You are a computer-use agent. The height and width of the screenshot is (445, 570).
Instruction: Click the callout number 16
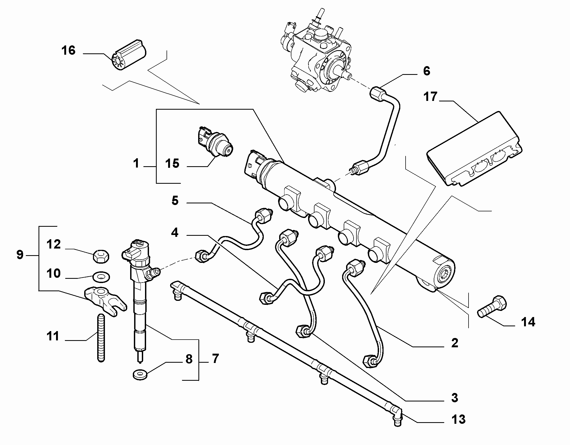(69, 50)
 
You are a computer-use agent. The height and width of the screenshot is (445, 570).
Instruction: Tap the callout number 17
(430, 97)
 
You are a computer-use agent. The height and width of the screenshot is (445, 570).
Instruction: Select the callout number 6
(426, 71)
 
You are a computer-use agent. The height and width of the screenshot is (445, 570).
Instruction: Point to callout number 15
(172, 163)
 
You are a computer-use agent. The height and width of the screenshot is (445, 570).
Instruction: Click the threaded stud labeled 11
(101, 338)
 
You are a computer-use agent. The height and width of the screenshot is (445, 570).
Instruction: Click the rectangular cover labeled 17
(474, 149)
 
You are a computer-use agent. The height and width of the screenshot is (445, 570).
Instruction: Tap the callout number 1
(136, 163)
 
